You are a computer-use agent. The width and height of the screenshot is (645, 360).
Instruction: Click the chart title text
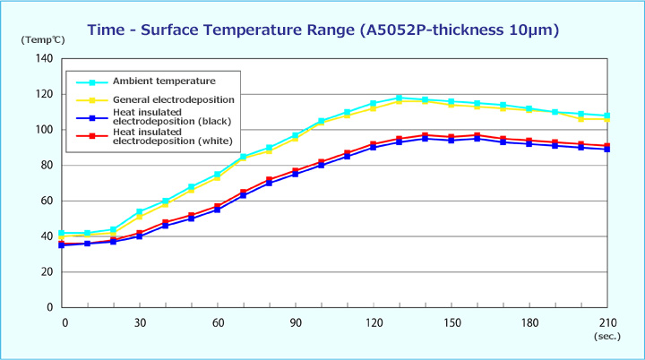[323, 30]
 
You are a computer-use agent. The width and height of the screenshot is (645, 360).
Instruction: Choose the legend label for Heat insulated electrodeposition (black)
[172, 118]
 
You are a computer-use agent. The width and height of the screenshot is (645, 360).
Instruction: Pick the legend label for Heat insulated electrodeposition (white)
[172, 137]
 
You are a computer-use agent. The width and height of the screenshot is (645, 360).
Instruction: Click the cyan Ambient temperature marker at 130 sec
[399, 98]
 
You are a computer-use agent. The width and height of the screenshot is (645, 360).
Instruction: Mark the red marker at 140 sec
[425, 135]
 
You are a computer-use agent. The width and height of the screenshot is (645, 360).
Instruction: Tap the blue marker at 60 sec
[217, 210]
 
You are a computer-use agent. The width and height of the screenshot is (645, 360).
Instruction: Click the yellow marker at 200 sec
[581, 119]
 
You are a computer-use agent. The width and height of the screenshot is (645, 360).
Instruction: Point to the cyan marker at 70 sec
[243, 157]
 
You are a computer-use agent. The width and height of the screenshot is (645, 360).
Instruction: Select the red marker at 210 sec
[607, 146]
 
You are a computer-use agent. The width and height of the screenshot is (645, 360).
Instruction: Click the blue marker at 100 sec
[321, 165]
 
